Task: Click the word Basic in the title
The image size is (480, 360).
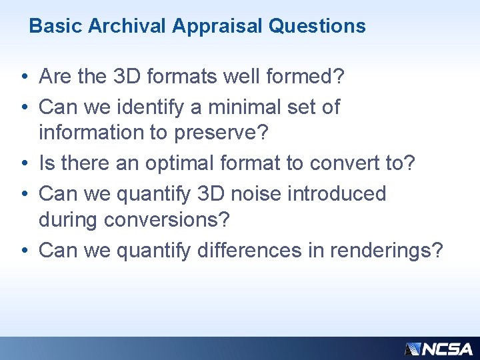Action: coord(57,26)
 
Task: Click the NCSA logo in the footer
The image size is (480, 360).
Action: coord(438,348)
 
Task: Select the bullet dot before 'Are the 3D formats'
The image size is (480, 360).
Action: coord(23,78)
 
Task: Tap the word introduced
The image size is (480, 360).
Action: coord(337,193)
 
